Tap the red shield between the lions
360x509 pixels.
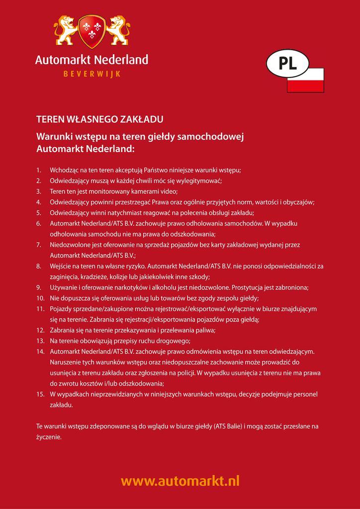tap(92, 31)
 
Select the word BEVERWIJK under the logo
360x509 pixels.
tap(91, 75)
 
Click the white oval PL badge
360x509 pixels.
tap(287, 63)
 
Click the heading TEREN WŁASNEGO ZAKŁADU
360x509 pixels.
tap(100, 119)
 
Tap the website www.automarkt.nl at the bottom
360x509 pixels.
tap(180, 481)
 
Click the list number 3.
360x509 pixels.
tap(39, 191)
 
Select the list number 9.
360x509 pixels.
tap(39, 288)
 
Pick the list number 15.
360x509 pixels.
tap(40, 395)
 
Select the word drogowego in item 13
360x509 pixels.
tap(174, 341)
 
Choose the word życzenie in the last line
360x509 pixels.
tap(48, 438)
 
